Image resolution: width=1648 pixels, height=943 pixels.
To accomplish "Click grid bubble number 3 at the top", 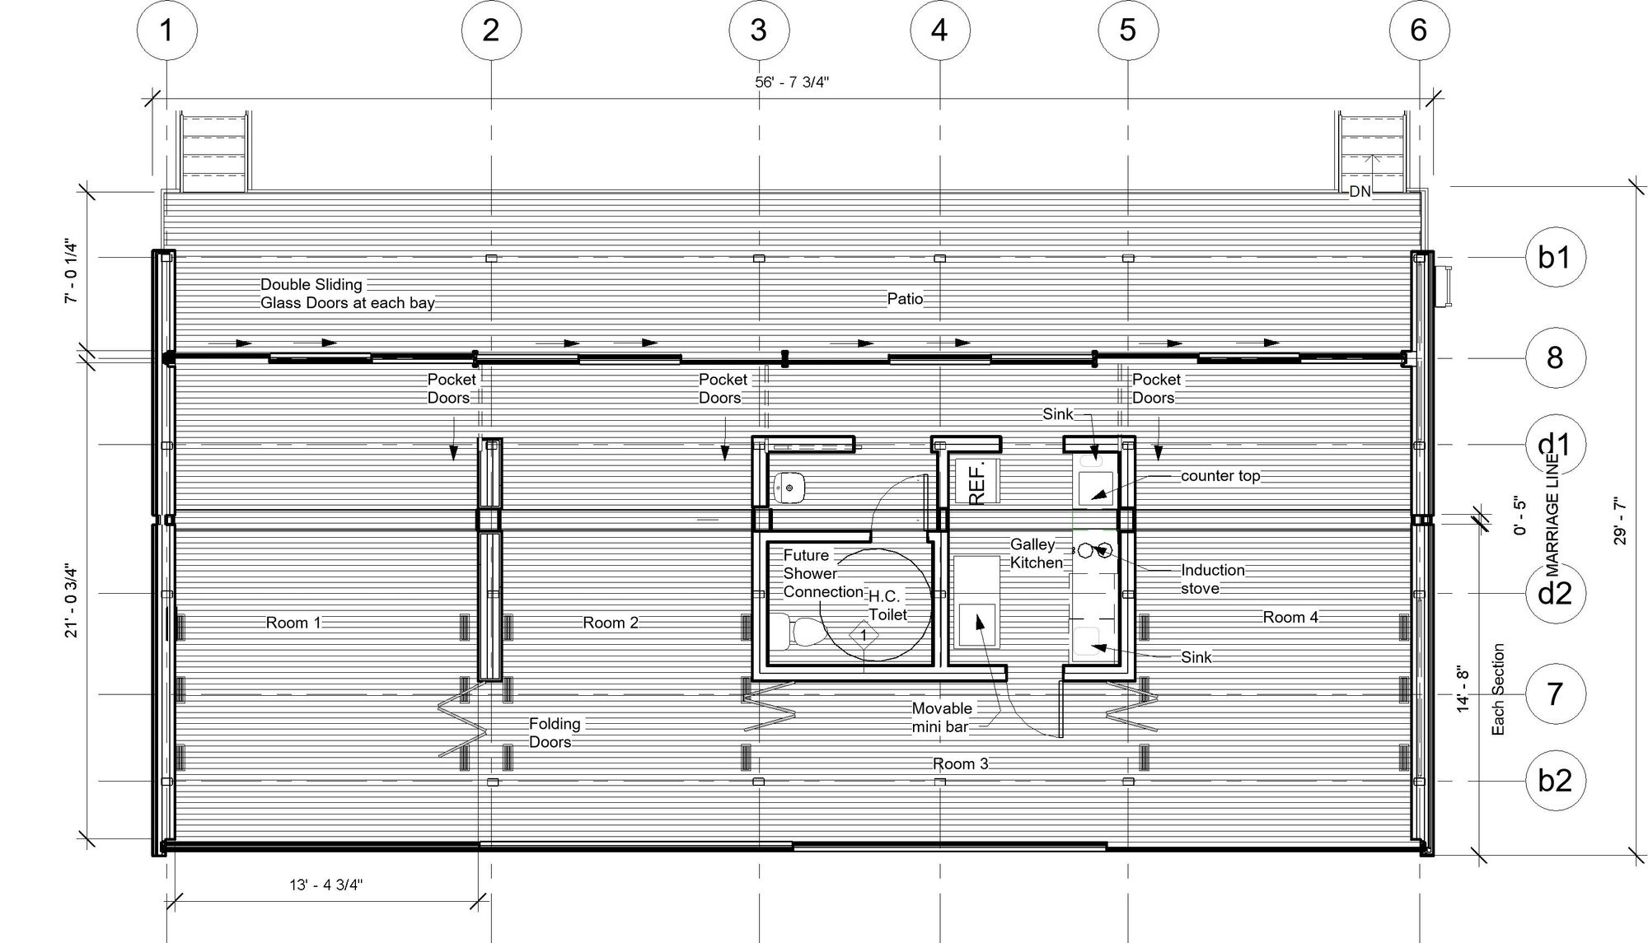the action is [x=758, y=30].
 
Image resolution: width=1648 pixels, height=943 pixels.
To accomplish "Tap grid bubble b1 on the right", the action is [x=1555, y=258].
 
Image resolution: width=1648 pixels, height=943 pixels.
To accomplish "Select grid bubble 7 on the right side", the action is [x=1555, y=694].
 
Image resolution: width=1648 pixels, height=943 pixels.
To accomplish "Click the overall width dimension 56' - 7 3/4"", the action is [x=792, y=82].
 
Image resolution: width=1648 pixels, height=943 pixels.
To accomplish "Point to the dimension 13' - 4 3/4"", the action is [x=326, y=885].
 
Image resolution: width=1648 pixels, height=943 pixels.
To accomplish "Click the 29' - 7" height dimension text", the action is [x=1620, y=521].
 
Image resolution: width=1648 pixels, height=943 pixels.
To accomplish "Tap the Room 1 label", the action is [x=293, y=623].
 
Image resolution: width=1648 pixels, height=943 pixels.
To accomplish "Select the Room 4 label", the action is [x=1290, y=617].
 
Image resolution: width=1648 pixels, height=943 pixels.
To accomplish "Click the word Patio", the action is [x=905, y=299].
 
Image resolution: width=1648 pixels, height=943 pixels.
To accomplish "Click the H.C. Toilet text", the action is [x=887, y=605].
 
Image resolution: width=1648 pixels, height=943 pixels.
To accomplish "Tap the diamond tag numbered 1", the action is [x=864, y=635].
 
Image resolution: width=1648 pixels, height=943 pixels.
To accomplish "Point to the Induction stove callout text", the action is [x=1212, y=579].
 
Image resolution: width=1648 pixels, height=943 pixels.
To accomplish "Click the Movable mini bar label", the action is [x=942, y=717].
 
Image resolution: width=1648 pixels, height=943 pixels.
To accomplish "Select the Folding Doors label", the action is [x=554, y=733].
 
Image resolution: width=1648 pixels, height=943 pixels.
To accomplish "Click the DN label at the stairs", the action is [x=1360, y=192].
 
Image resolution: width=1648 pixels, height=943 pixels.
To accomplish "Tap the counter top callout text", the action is [x=1220, y=476].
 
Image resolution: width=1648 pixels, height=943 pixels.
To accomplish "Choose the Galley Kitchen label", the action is [x=1036, y=553].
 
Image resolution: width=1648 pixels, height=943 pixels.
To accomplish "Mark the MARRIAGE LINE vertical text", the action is [x=1552, y=516].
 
